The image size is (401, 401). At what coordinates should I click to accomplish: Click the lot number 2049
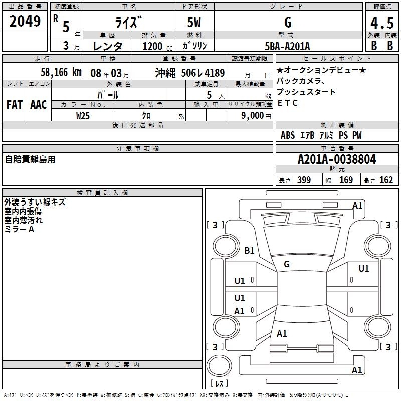coord(25,21)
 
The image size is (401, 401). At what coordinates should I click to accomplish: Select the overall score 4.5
coord(382,23)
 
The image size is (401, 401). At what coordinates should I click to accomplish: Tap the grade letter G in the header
coord(288,22)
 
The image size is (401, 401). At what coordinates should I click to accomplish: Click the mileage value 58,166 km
coord(61,72)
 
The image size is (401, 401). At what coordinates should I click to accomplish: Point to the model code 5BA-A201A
coord(287,46)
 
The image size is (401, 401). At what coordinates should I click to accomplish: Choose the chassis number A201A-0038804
coord(337,159)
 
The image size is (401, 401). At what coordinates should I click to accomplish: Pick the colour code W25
coord(83,116)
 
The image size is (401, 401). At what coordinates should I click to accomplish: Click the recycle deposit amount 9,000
coord(253,116)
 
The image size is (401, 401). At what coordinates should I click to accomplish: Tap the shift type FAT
coord(15,105)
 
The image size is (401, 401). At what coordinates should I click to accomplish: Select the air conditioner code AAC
coord(39,105)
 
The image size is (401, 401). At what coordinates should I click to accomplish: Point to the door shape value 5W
coord(194,22)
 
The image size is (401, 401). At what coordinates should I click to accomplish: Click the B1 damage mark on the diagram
coord(249,250)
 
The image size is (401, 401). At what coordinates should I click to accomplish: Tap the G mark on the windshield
coord(287,264)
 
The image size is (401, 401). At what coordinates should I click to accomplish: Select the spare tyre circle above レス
coord(219,366)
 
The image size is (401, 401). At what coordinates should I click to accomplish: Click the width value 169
coord(346,180)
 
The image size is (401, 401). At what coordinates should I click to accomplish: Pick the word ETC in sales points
coord(287,103)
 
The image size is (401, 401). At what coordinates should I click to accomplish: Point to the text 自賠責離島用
coord(30,159)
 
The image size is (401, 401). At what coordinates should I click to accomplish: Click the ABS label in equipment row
coord(288,135)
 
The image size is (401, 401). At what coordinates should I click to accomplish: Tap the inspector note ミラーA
coord(19,229)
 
